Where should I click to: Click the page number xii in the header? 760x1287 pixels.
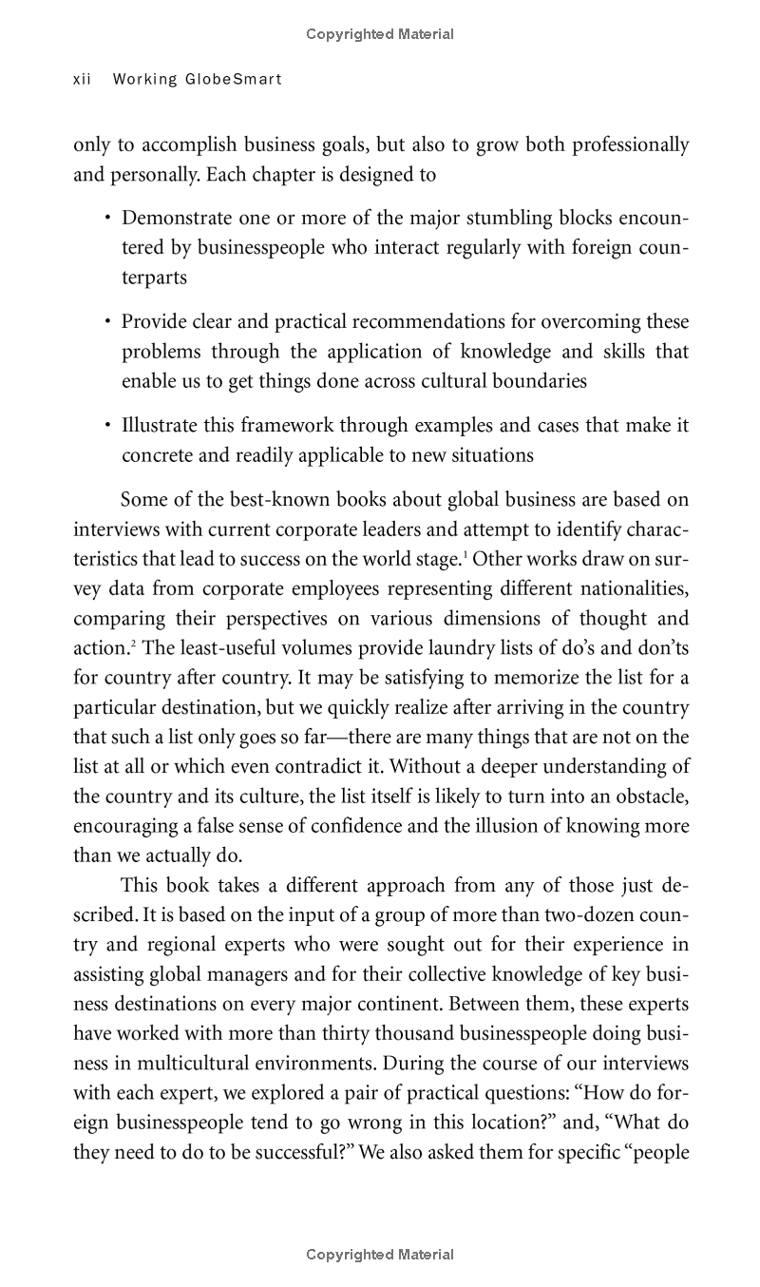(82, 80)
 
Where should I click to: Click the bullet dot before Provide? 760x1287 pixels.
(108, 322)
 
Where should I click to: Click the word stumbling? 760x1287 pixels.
(502, 219)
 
